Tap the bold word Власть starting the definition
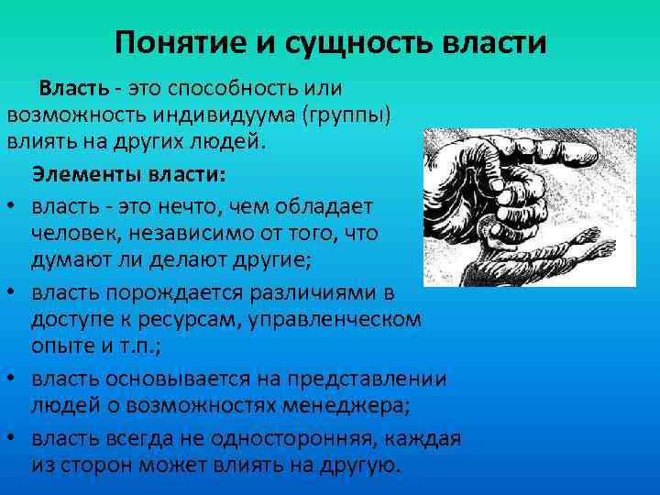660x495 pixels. [73, 89]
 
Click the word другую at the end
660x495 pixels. [357, 465]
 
